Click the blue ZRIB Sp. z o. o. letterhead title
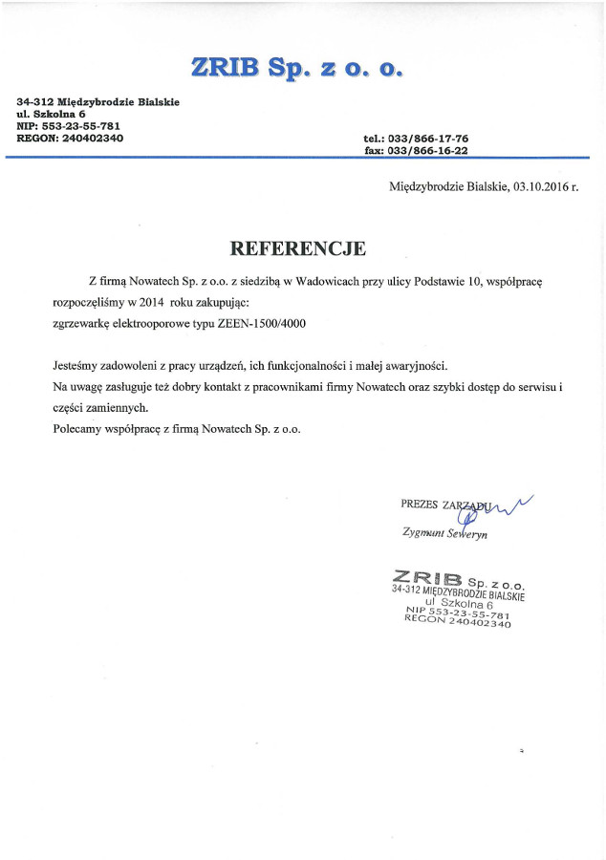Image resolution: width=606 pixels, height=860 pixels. (297, 67)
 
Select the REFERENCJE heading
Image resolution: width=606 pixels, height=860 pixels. (298, 248)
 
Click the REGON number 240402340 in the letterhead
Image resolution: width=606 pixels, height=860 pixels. (92, 138)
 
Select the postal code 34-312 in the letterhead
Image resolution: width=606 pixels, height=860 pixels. (34, 101)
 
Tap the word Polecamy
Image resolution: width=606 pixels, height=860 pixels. (77, 429)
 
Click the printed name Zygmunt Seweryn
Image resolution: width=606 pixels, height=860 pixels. (444, 534)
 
